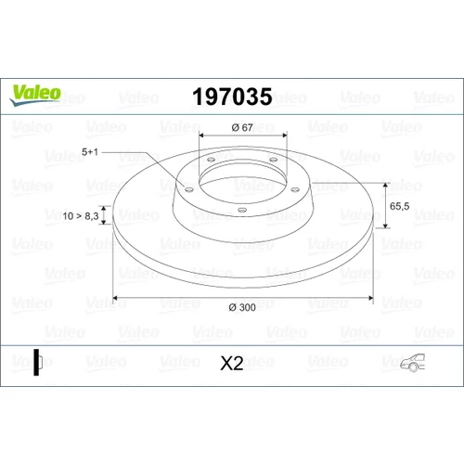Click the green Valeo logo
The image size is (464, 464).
35,95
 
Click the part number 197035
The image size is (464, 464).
232,97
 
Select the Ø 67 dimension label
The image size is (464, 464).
242,127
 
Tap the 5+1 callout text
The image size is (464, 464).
90,152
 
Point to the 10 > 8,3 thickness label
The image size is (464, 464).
81,216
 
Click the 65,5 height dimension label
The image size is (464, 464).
399,206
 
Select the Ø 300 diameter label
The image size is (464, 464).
242,307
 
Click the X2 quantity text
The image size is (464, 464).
232,363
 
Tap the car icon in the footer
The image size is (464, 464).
413,363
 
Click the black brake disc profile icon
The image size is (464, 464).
38,362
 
